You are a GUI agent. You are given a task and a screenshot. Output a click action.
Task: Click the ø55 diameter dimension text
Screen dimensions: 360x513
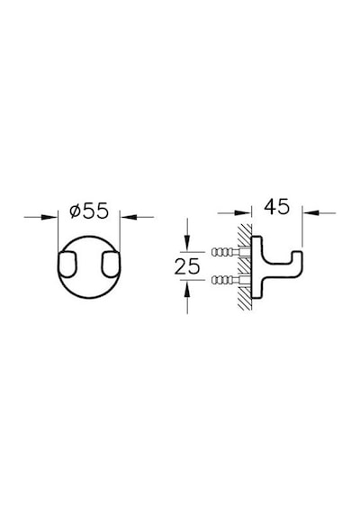point(89,211)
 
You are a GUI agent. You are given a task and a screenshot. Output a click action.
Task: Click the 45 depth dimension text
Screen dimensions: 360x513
point(277,206)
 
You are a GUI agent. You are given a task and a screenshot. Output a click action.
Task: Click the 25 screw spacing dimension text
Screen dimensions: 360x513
point(187,266)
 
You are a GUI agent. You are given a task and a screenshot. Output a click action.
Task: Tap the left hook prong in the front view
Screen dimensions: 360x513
point(68,265)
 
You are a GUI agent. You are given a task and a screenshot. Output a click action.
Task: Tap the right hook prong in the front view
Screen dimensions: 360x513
point(111,265)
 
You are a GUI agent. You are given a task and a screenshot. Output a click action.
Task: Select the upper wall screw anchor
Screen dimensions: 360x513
point(229,252)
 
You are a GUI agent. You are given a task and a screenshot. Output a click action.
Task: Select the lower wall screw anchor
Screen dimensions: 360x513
point(229,280)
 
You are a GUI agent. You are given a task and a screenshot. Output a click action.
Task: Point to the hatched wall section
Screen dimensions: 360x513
point(245,267)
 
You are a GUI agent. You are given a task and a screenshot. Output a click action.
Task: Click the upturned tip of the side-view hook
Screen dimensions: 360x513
point(297,256)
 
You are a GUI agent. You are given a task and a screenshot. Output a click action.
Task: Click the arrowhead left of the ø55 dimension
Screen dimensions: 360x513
point(49,217)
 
